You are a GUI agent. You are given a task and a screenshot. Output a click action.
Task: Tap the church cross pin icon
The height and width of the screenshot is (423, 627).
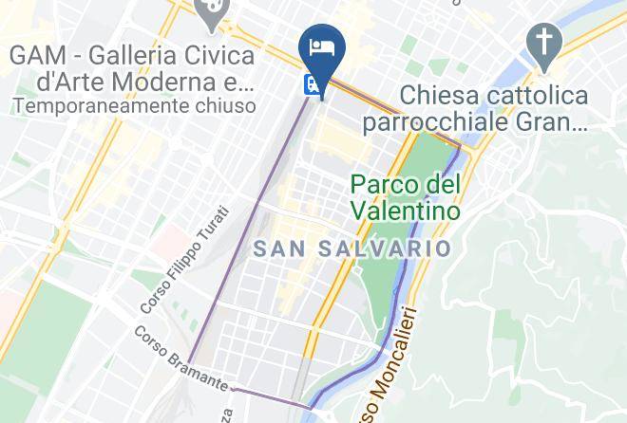tap(546, 43)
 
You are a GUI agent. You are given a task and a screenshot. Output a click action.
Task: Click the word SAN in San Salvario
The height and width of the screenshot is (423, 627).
tap(282, 248)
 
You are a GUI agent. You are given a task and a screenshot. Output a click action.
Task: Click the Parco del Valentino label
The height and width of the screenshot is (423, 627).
tap(406, 195)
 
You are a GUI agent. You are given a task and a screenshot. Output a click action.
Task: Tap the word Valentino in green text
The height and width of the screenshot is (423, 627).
tap(406, 209)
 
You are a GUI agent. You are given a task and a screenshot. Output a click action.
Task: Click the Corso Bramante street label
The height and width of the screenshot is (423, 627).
tap(180, 359)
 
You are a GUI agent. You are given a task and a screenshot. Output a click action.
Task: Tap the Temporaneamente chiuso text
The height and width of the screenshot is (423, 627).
tap(135, 106)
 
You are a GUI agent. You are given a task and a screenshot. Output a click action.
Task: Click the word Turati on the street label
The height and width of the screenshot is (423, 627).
tap(214, 224)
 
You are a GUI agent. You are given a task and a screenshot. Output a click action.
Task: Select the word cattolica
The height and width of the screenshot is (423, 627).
tap(537, 96)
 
